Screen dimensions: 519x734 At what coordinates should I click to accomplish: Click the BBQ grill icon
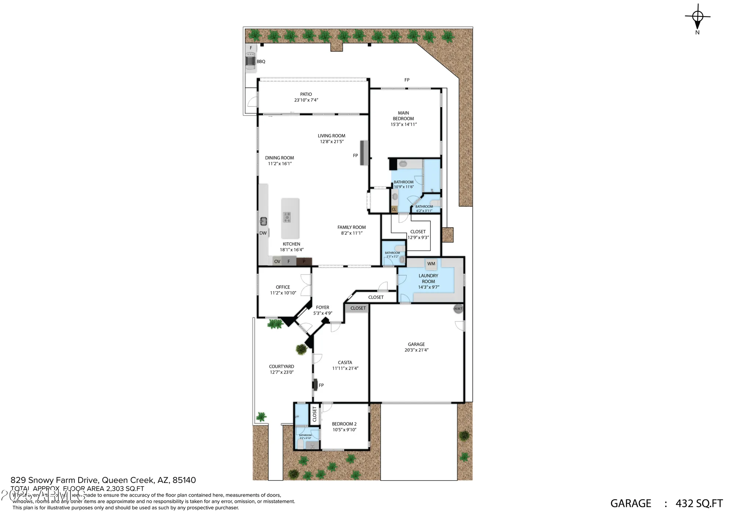point(250,61)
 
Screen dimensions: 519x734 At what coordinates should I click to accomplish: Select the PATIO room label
point(306,94)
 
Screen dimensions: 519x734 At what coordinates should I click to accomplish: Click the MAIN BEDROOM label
point(403,116)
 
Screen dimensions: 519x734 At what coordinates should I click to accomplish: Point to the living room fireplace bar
point(364,153)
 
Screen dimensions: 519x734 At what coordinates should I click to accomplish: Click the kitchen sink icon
point(263,221)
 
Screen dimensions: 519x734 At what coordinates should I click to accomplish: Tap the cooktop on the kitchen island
point(287,217)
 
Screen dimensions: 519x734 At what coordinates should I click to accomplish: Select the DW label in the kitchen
point(263,233)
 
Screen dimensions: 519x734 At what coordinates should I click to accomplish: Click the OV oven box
point(277,261)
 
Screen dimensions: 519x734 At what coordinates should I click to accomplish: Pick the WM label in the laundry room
point(431,264)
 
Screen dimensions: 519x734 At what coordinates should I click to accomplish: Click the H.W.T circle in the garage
point(458,309)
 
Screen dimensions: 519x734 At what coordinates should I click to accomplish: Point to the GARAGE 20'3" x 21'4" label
point(416,347)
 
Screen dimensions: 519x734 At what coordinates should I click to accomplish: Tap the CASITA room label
point(345,362)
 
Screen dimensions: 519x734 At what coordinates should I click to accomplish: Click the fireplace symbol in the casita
point(315,385)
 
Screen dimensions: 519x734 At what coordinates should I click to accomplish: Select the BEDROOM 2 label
point(344,424)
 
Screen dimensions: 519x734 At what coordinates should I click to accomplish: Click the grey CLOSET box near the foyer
point(358,308)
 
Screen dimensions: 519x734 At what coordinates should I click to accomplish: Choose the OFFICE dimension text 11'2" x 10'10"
point(283,293)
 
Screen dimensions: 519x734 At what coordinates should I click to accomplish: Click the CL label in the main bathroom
point(394,209)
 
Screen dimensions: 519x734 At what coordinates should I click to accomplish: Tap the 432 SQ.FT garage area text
point(699,503)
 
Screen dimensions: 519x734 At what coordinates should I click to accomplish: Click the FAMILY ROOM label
point(352,227)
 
